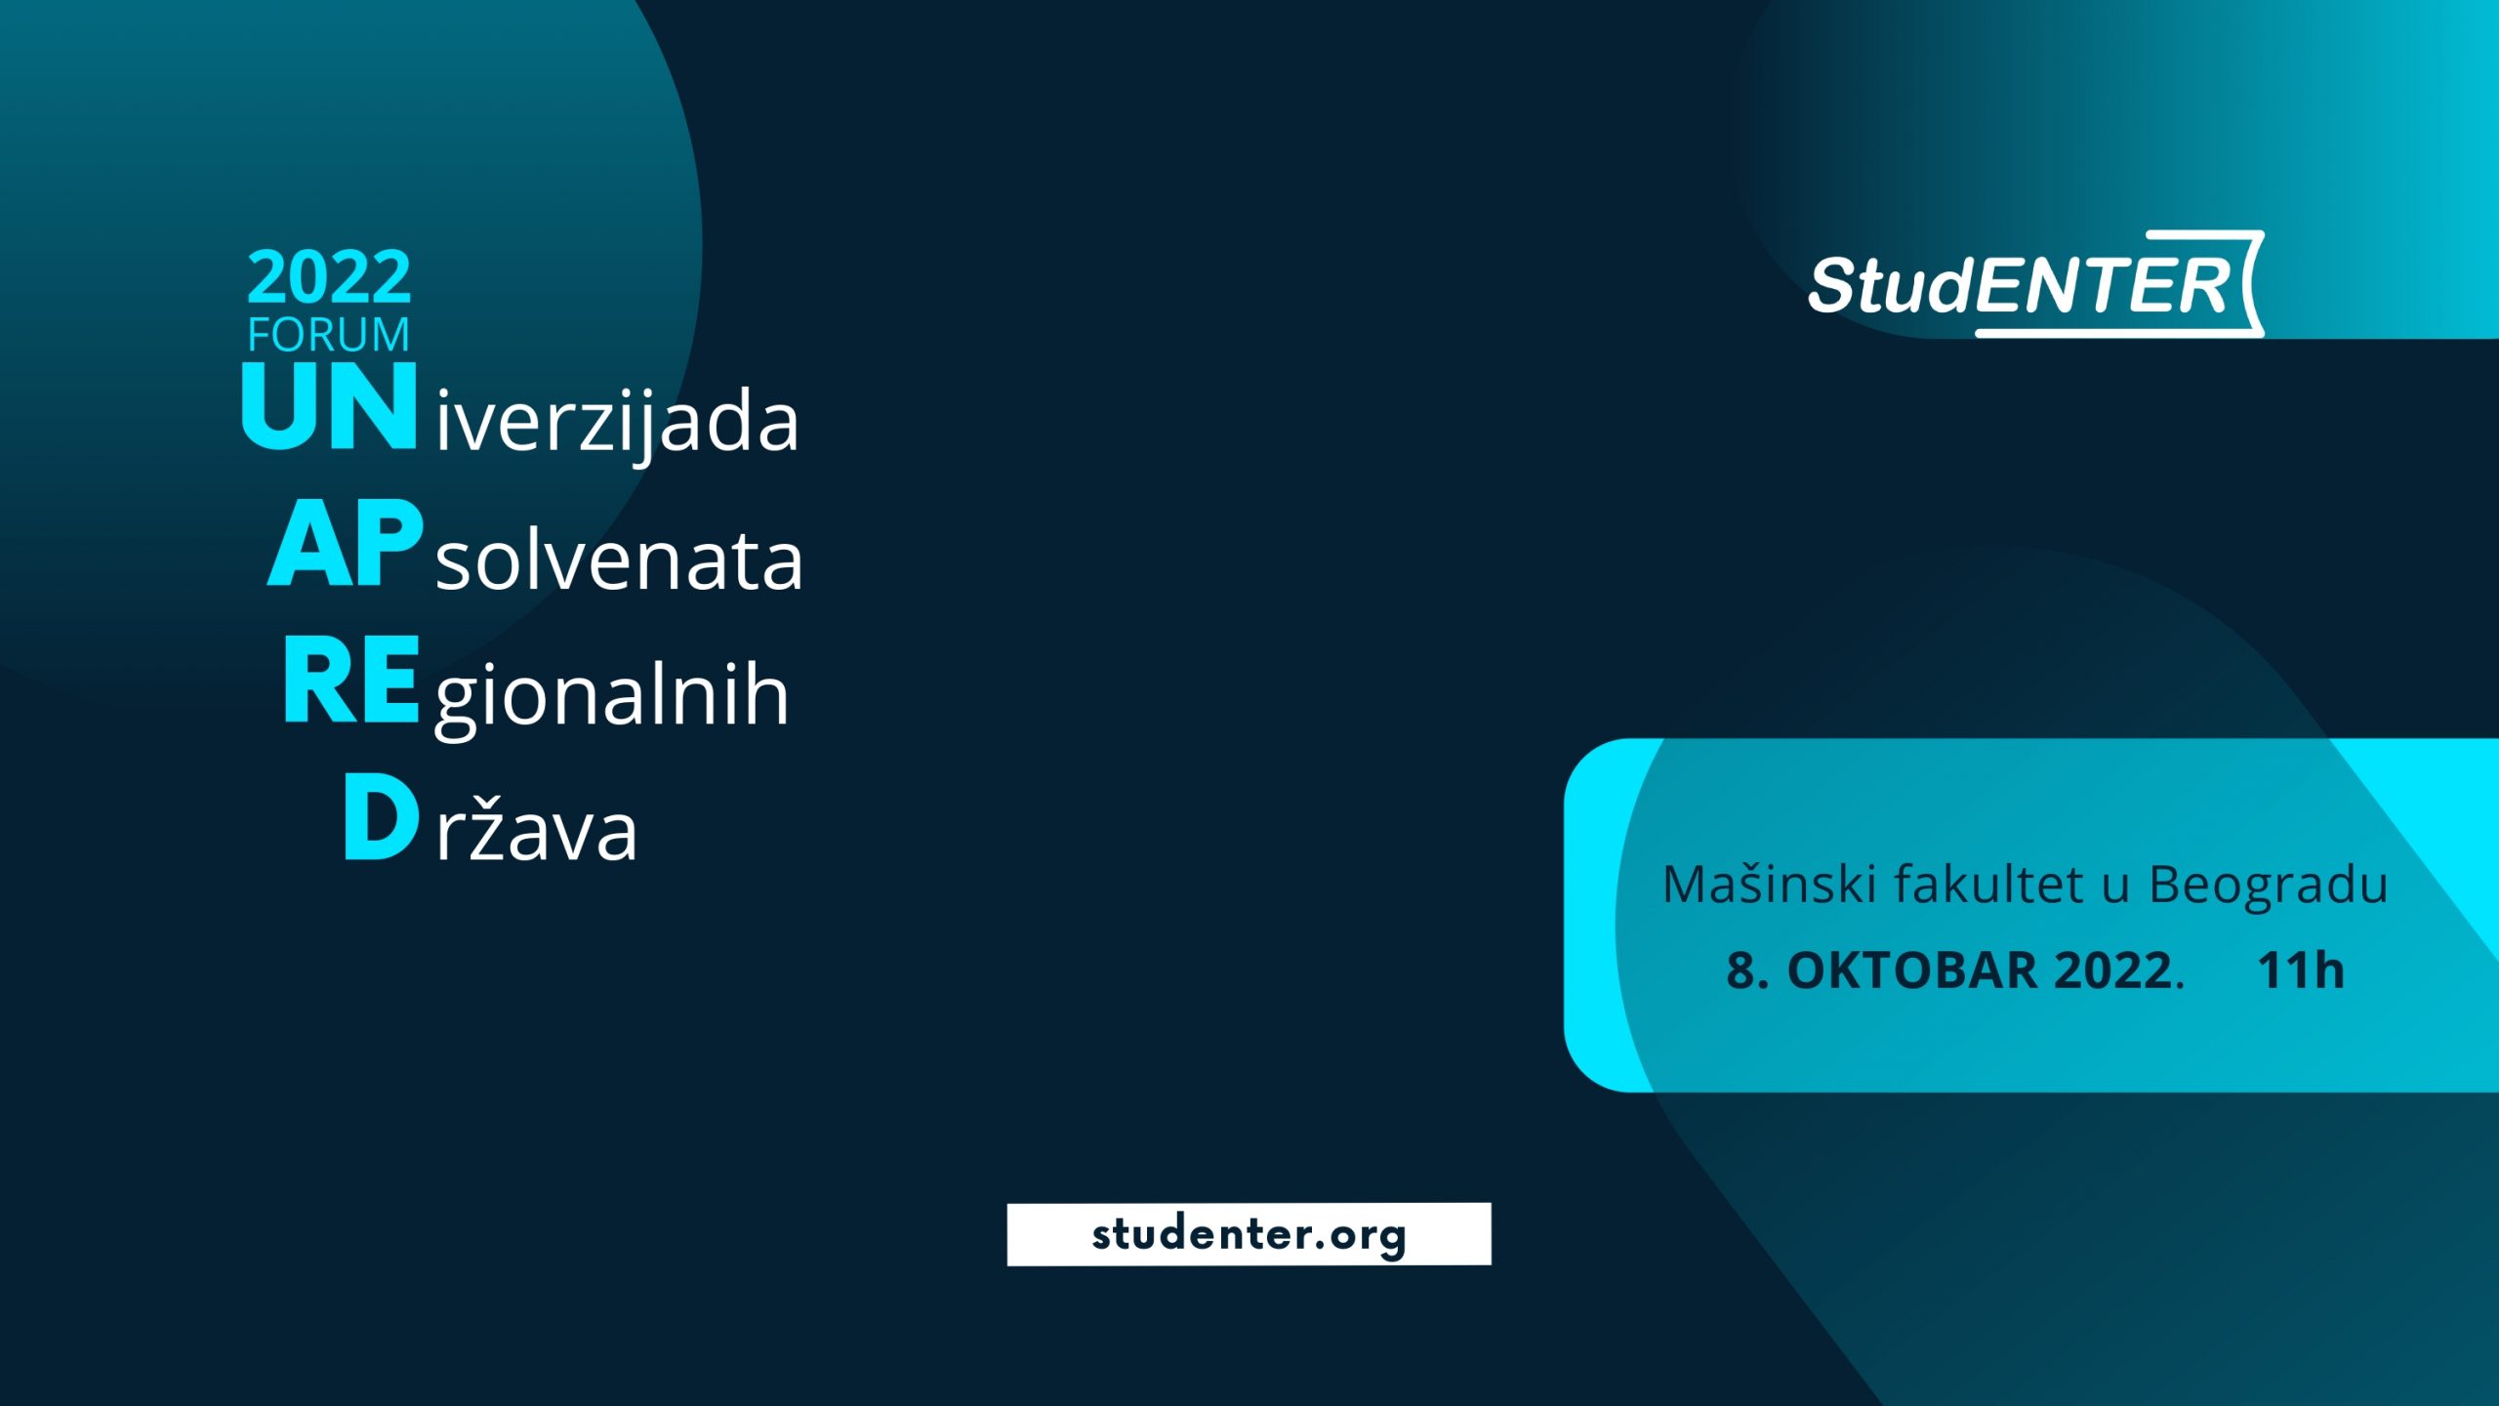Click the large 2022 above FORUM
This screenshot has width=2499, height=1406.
coord(329,277)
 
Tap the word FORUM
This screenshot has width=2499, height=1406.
coord(329,335)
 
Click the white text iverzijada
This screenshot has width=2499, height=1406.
coord(617,423)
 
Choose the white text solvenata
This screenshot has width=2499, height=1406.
coord(619,562)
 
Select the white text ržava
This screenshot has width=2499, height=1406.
coord(536,830)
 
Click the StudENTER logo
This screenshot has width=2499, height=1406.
coord(2036,284)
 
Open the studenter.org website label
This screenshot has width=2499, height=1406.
coord(1249,1234)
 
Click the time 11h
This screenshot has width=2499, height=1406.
coord(2301,971)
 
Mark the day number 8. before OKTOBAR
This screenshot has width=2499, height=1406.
coord(1747,971)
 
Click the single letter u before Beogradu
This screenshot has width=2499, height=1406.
coord(2115,889)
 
